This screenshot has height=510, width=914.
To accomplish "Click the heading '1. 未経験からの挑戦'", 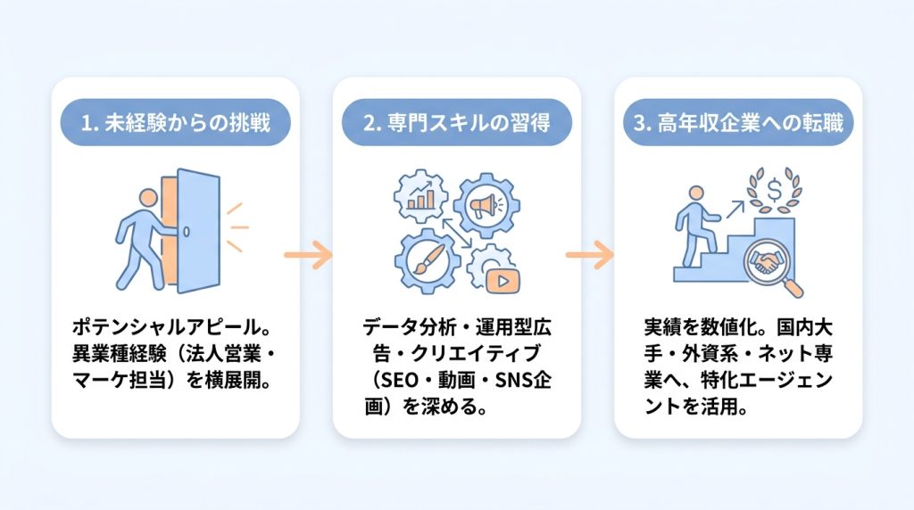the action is pyautogui.click(x=176, y=123).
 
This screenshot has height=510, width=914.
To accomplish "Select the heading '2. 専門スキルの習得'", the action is pyautogui.click(x=456, y=123).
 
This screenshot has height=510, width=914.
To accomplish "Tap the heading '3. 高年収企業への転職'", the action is pyautogui.click(x=738, y=123).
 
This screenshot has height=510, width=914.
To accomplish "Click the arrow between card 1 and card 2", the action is pyautogui.click(x=308, y=255).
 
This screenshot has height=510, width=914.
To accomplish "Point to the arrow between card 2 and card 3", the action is pyautogui.click(x=589, y=255).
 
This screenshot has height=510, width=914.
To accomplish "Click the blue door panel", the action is pyautogui.click(x=199, y=231).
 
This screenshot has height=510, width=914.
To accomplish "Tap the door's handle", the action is pyautogui.click(x=187, y=232).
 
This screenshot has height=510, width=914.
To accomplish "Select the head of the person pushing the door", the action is pyautogui.click(x=148, y=198).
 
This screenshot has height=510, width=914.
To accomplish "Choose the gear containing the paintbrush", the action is pyautogui.click(x=428, y=260).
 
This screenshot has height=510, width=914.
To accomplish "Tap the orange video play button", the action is pyautogui.click(x=503, y=282).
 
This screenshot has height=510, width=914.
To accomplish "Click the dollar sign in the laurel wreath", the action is pyautogui.click(x=775, y=189).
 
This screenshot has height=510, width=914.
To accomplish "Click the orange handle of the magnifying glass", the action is pyautogui.click(x=793, y=288).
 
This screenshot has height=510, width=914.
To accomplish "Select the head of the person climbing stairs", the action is pyautogui.click(x=696, y=193).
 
